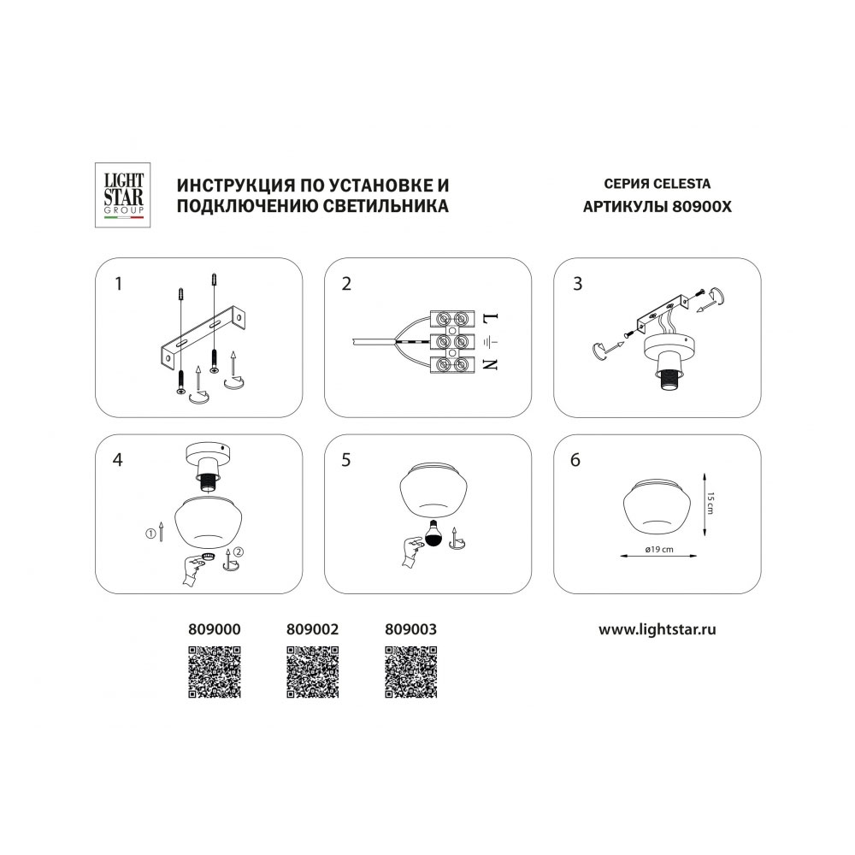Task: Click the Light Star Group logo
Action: point(122,195)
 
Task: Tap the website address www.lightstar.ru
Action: point(657,629)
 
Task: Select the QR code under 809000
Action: point(215,672)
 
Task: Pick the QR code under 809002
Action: point(312,672)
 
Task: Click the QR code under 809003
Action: point(411,672)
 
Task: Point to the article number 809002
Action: point(312,629)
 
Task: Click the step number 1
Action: point(118,284)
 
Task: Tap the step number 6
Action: point(575,460)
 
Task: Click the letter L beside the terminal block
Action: point(491,317)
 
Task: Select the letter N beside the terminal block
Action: point(491,363)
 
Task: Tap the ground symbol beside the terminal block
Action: point(490,342)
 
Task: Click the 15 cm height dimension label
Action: point(710,503)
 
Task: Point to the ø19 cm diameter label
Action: point(659,549)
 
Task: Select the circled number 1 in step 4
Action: point(150,534)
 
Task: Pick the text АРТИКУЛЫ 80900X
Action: point(657,207)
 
